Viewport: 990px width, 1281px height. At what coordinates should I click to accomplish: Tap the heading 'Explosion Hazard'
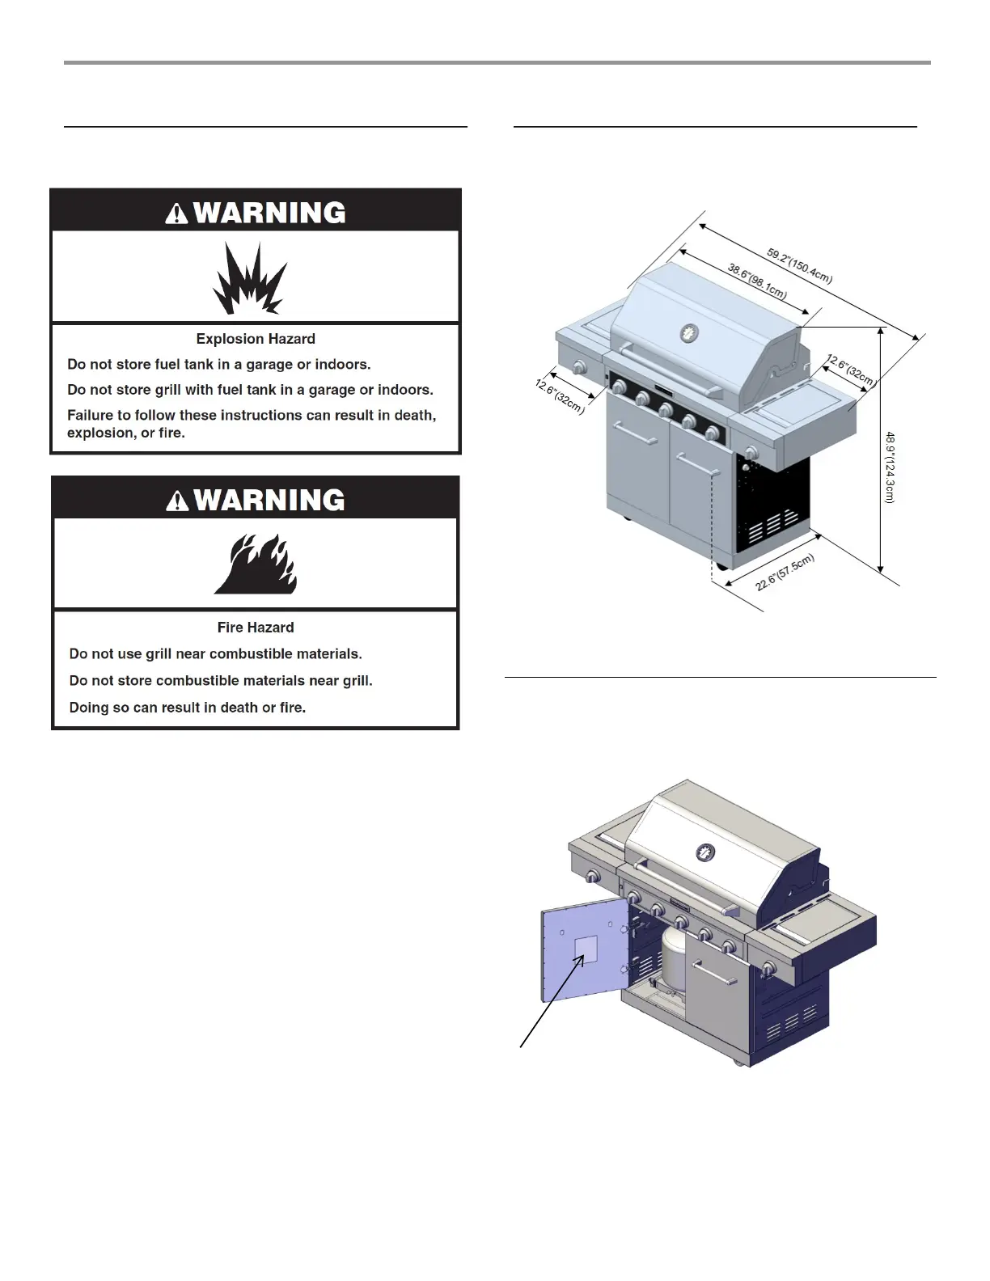click(256, 339)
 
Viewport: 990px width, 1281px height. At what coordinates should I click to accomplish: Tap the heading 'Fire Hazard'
click(256, 628)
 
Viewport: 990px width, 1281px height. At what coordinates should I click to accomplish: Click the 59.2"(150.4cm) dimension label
click(799, 266)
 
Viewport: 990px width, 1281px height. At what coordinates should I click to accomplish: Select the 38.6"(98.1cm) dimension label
click(756, 280)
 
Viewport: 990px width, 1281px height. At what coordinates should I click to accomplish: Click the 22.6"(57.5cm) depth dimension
click(785, 573)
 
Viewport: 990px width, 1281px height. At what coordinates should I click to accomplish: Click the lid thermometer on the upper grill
click(689, 332)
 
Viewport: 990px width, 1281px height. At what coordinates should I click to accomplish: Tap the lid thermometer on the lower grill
click(706, 852)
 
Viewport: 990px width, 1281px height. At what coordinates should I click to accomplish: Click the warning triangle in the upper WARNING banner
click(176, 213)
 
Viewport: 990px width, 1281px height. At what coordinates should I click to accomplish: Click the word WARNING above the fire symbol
click(269, 501)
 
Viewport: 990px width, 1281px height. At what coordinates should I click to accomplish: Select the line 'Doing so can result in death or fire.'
click(188, 708)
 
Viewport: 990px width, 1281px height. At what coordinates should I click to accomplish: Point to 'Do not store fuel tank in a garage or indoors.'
click(219, 365)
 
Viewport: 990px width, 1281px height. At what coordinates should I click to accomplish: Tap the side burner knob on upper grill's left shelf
click(579, 368)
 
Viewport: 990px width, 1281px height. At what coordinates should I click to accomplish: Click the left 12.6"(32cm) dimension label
click(559, 395)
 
